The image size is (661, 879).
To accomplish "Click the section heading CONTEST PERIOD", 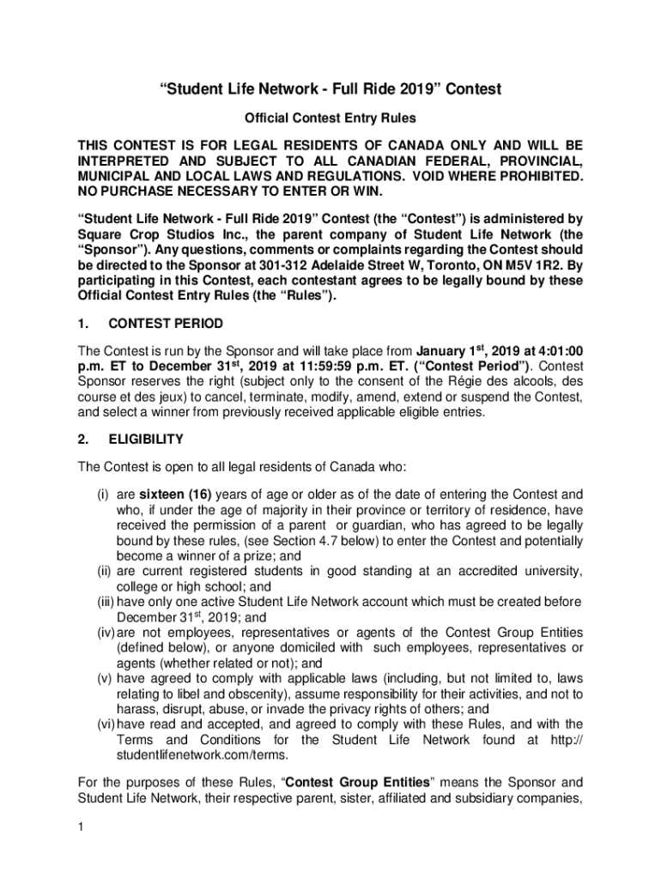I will tap(166, 324).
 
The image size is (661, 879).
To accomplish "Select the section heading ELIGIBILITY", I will tap(146, 439).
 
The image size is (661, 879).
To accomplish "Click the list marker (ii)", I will tap(102, 571).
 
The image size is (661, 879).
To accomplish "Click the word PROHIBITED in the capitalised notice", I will tap(532, 176).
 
